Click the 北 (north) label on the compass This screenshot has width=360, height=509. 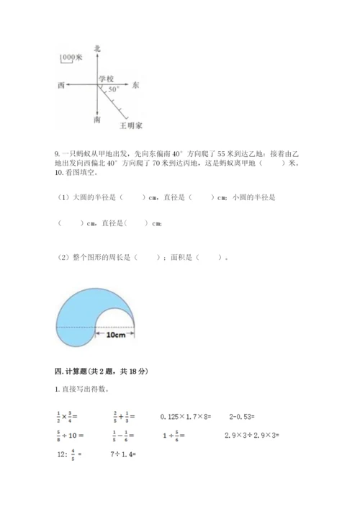(97, 48)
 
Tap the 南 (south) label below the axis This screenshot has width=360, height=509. (97, 121)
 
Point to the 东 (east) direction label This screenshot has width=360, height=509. (136, 85)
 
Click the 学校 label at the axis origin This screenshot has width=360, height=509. (107, 78)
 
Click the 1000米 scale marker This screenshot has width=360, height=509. (71, 56)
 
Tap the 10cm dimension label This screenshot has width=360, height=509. (116, 335)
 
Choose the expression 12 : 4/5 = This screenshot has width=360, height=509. (70, 454)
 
